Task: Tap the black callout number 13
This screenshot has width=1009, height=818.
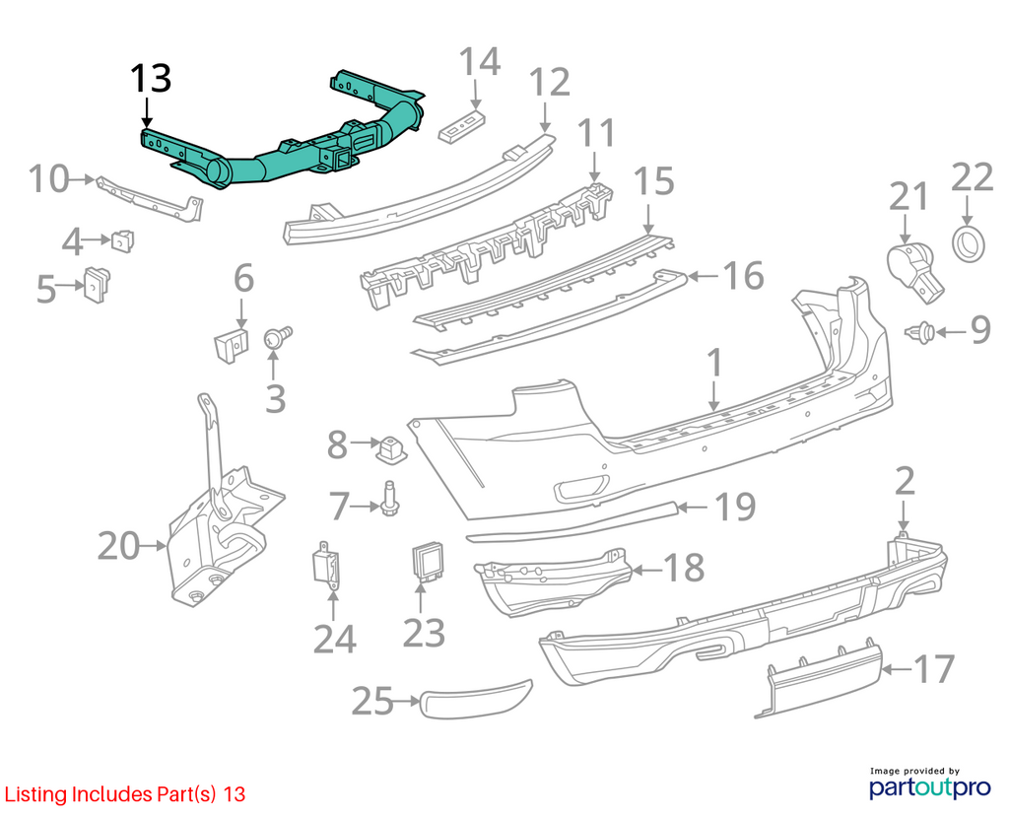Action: point(151,79)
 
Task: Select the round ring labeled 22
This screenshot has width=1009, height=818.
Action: point(969,243)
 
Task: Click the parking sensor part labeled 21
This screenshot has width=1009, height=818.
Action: point(914,272)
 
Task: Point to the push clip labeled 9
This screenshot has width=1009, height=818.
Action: point(920,331)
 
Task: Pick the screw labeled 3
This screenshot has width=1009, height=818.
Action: point(277,338)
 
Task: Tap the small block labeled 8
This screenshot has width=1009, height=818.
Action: point(391,448)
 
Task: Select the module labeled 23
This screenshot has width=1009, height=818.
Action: point(426,562)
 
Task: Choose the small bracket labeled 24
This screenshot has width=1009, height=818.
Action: point(327,565)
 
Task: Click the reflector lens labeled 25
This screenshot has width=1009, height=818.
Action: point(476,698)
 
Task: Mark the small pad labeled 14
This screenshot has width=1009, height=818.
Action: point(461,125)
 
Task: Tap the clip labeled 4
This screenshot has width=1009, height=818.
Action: point(123,240)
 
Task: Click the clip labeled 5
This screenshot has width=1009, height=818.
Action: point(97,283)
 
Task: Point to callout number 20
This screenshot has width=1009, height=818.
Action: point(119,546)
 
